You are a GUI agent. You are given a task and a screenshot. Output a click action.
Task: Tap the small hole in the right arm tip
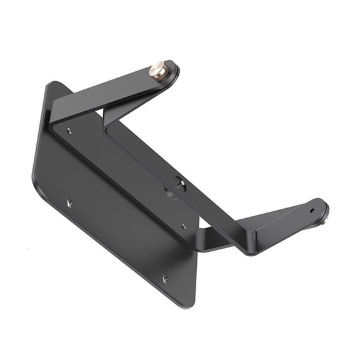coord(312,210)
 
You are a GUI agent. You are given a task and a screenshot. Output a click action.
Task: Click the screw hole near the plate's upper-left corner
coord(69,131)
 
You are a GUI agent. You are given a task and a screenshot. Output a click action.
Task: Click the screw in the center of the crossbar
coord(180,183)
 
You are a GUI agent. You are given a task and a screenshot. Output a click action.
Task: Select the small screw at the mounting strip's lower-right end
coord(183,226)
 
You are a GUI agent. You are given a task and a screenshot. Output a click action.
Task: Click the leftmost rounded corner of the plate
coord(34,178)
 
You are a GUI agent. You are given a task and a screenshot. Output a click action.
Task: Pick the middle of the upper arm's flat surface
coord(119,87)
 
